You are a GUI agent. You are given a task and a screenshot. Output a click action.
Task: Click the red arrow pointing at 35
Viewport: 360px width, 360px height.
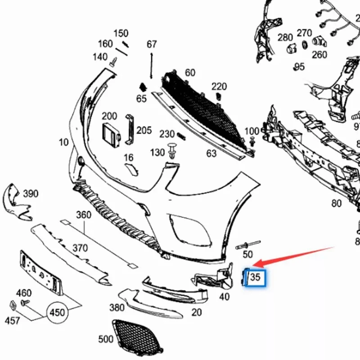tap(297, 256)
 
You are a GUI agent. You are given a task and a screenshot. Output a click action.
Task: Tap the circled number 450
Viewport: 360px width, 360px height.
tap(57, 312)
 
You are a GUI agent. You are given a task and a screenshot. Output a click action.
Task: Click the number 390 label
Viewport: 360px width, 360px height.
tap(31, 194)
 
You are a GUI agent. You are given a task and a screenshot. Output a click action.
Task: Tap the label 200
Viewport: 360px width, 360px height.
tap(109, 116)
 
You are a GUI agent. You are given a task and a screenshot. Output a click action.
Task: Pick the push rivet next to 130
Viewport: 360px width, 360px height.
tap(172, 150)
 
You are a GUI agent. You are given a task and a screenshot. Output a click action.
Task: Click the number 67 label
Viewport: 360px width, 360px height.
tap(152, 44)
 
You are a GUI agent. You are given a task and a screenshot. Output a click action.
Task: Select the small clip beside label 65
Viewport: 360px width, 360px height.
tap(142, 87)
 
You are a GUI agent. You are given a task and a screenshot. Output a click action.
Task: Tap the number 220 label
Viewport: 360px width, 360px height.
tap(219, 86)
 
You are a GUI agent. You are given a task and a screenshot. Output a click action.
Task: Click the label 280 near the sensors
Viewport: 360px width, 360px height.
tap(285, 37)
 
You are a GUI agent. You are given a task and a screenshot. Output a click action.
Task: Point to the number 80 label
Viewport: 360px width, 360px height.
tap(337, 203)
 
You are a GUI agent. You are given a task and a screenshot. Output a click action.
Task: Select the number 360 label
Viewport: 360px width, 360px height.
tap(84, 215)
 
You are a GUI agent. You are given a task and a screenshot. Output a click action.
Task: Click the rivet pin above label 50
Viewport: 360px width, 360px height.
tap(243, 245)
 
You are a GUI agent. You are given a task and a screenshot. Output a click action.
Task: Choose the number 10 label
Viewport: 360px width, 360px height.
tap(64, 143)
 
